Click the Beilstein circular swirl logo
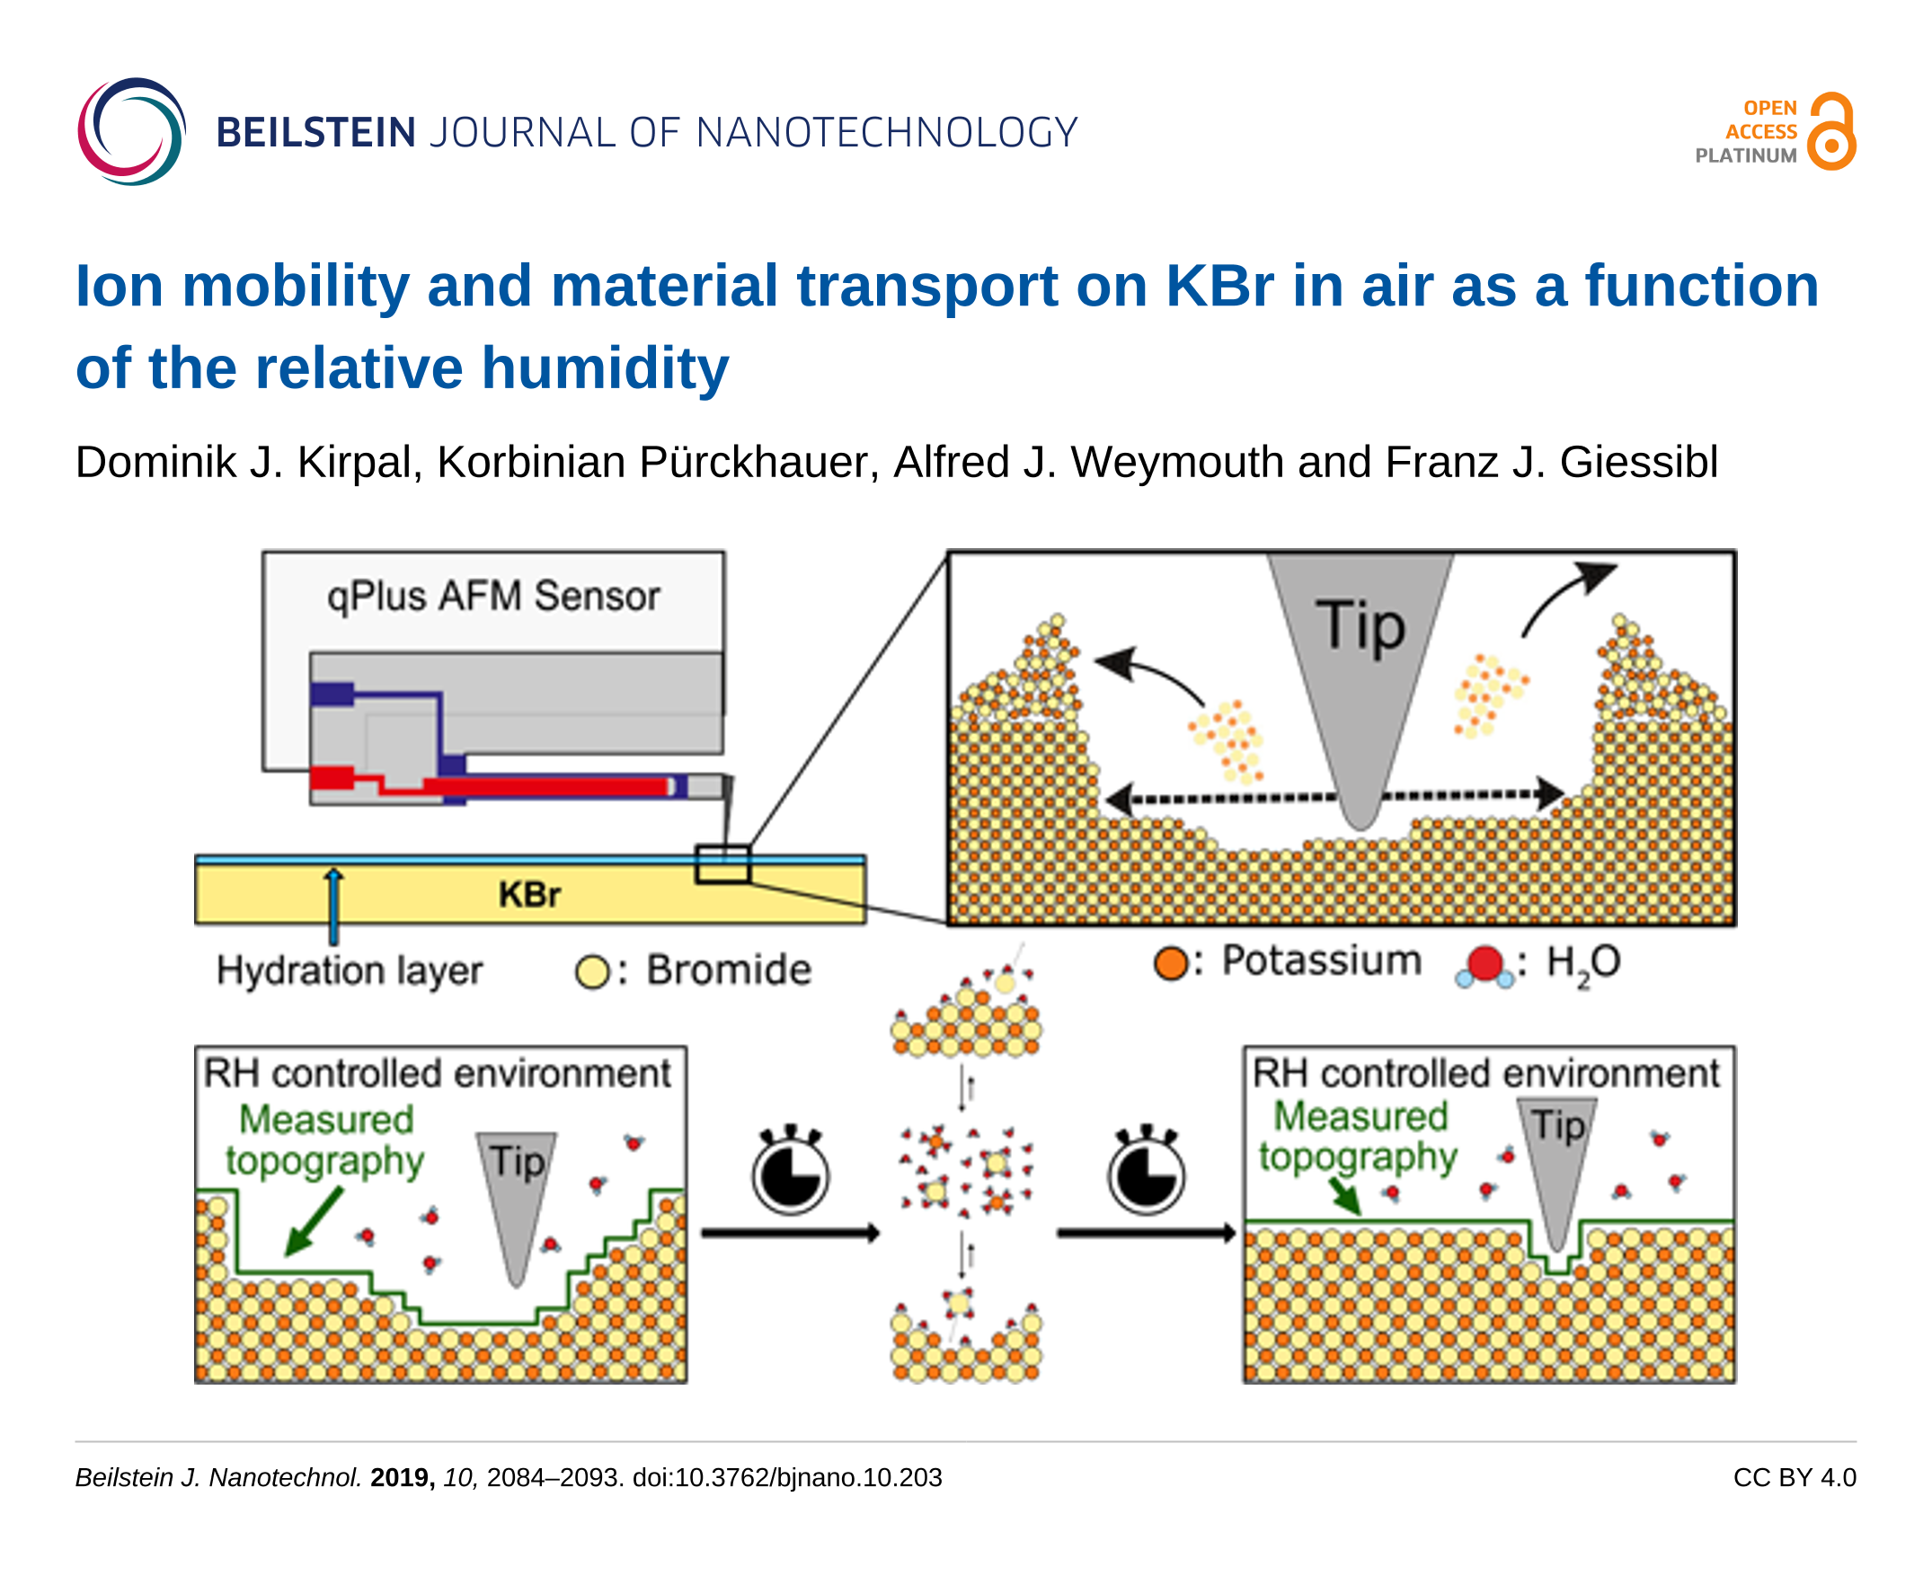tap(131, 132)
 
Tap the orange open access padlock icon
tap(1830, 133)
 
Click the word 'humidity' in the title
tap(605, 368)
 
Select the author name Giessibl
tap(1638, 462)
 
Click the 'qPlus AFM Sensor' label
tap(493, 597)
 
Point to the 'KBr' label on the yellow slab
tap(529, 895)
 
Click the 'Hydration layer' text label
tap(350, 970)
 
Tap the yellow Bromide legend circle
tap(592, 972)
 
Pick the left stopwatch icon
tap(791, 1173)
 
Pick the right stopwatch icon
tap(1146, 1173)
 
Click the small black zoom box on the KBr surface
tap(722, 864)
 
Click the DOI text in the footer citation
tap(787, 1478)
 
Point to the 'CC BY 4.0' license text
tap(1794, 1478)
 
